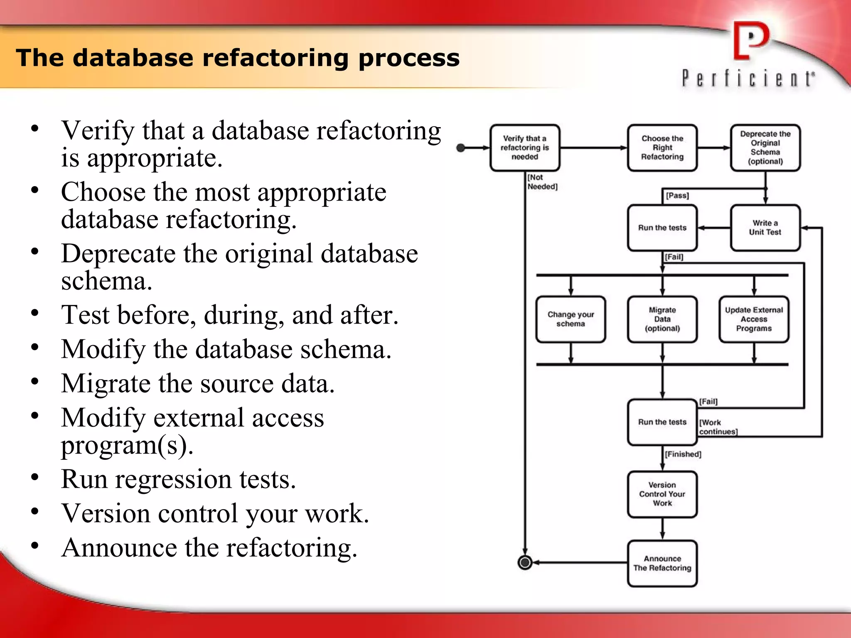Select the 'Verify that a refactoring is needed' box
[x=525, y=148]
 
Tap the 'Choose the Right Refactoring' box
[x=662, y=148]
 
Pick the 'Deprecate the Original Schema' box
[x=765, y=148]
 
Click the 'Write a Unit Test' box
[x=765, y=228]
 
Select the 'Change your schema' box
[x=571, y=319]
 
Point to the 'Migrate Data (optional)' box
[x=662, y=319]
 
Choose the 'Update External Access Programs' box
[x=754, y=319]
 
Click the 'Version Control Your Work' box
[x=662, y=494]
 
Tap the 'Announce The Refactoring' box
[x=662, y=563]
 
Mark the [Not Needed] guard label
[x=542, y=182]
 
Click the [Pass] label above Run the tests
[x=677, y=195]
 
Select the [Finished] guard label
[x=683, y=454]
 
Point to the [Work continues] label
[x=718, y=427]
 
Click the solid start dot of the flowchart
[x=460, y=148]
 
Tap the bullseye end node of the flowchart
[x=525, y=562]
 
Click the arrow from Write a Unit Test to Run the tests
[x=713, y=228]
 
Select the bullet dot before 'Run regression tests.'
[x=35, y=477]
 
